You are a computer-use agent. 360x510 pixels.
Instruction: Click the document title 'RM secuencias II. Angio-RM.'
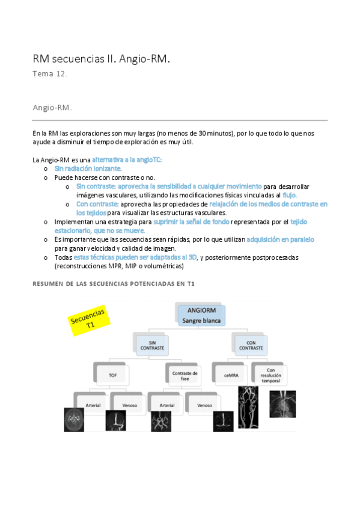click(102, 59)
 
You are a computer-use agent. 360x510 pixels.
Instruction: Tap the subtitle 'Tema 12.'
click(50, 75)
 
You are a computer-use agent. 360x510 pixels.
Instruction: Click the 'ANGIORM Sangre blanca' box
click(201, 315)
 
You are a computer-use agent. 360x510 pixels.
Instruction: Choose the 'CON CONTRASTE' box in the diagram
click(251, 345)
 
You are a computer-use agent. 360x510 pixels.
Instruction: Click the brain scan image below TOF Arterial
click(75, 419)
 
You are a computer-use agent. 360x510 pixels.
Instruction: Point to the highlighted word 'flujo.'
click(290, 195)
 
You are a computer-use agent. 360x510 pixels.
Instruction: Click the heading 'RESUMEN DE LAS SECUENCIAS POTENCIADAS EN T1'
click(114, 283)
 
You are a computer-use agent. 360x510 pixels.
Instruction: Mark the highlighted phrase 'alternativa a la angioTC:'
click(127, 159)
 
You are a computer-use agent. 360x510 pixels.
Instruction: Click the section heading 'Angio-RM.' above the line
click(52, 108)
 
